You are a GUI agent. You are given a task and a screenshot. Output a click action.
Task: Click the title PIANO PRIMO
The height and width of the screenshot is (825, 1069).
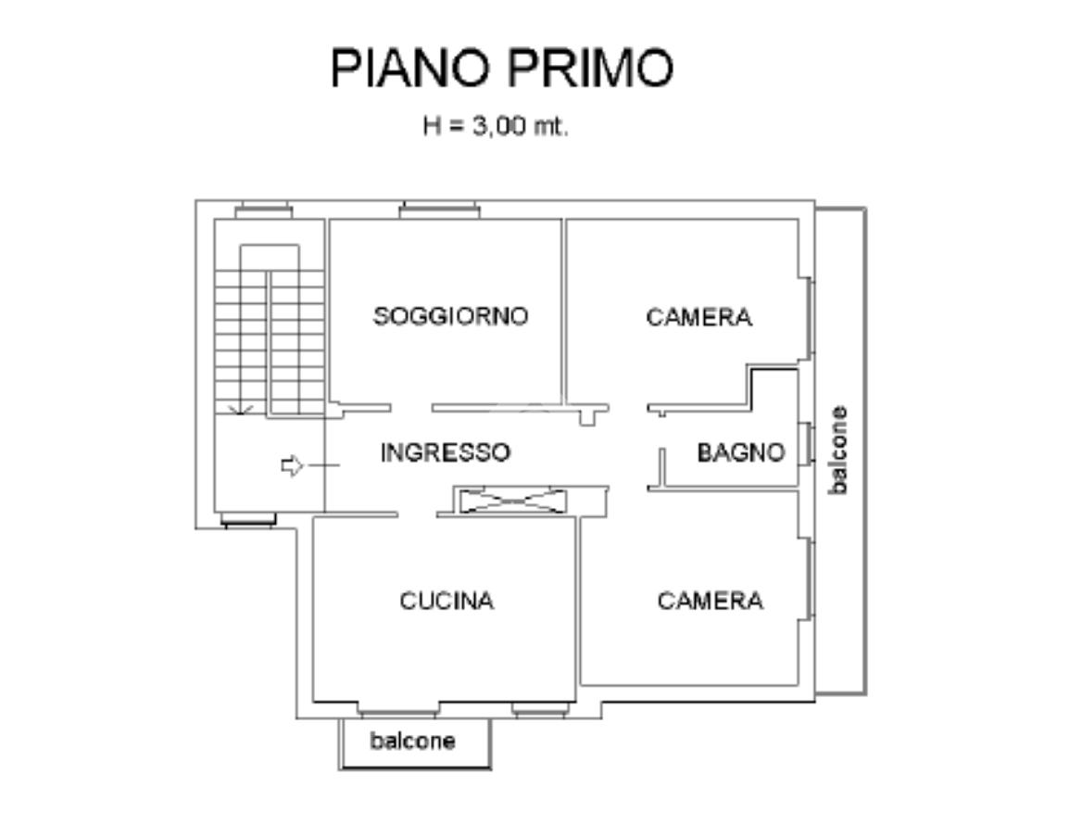coord(501,68)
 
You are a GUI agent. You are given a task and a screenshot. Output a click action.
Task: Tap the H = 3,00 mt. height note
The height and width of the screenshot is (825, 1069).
coord(496,127)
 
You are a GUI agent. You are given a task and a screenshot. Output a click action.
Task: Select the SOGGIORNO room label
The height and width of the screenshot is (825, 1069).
coord(450,316)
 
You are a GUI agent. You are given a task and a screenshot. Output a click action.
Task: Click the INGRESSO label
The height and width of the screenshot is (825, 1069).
coord(445,452)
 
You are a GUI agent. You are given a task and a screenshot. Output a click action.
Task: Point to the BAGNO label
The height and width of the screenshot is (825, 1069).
coord(740,452)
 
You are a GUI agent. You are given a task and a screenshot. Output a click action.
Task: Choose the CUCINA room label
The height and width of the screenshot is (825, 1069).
coord(446,601)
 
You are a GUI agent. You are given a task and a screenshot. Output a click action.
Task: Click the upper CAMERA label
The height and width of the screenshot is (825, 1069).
coord(698,317)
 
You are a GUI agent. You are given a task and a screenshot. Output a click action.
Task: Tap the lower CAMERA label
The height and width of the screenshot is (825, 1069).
coord(710,601)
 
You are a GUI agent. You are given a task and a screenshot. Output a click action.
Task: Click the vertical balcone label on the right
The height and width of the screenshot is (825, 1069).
coord(838,450)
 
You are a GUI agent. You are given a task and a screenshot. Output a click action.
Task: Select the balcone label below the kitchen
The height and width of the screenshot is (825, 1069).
coord(413,741)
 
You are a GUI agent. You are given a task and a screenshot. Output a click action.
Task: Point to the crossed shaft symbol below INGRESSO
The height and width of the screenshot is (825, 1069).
coord(512,501)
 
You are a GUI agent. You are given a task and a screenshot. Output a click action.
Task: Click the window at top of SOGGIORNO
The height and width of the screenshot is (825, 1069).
coord(439,212)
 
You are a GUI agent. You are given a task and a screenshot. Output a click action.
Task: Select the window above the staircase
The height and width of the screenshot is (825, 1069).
coord(263,212)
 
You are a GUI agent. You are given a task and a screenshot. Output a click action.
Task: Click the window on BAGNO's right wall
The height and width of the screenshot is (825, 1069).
coord(809,443)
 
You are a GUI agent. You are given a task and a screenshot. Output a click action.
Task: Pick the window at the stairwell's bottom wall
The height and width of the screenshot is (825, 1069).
coord(249,521)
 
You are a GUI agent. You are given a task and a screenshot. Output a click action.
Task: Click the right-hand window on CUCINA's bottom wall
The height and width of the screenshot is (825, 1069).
coord(539,711)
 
